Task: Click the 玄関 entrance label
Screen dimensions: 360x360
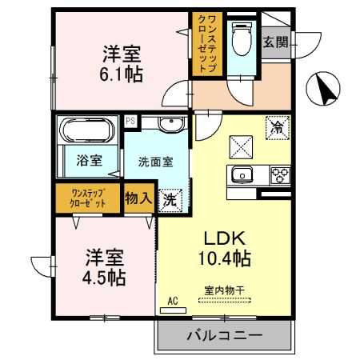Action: [x=276, y=40]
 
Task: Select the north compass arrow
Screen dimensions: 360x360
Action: [x=325, y=89]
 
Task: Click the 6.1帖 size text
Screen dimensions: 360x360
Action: [x=122, y=75]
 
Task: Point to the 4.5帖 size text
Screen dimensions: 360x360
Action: [x=106, y=278]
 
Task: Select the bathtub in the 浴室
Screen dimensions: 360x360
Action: [x=88, y=130]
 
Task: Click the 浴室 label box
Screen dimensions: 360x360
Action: [x=89, y=159]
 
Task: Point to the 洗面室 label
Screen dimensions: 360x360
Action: [x=155, y=160]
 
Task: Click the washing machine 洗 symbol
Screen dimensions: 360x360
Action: [x=170, y=200]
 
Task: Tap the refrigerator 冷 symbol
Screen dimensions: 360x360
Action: [x=277, y=126]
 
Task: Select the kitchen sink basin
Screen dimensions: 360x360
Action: [x=241, y=175]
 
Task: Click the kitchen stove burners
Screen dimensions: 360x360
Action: [x=280, y=175]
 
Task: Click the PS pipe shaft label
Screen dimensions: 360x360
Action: [x=130, y=121]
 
